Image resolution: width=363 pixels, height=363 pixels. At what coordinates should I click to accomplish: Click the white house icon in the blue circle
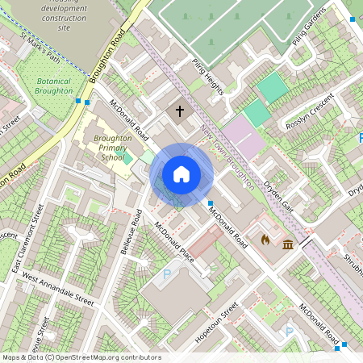(181, 174)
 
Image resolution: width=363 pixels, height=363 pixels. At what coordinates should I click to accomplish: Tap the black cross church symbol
(179, 111)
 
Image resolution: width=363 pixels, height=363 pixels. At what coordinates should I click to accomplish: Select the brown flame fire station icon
(265, 240)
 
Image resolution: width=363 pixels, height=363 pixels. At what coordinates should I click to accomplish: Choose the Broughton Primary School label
(112, 148)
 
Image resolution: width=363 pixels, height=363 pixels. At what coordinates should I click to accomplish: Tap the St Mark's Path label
(40, 47)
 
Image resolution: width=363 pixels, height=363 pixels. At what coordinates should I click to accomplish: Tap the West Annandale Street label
(58, 289)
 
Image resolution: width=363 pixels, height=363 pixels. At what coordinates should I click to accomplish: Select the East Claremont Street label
(31, 238)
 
